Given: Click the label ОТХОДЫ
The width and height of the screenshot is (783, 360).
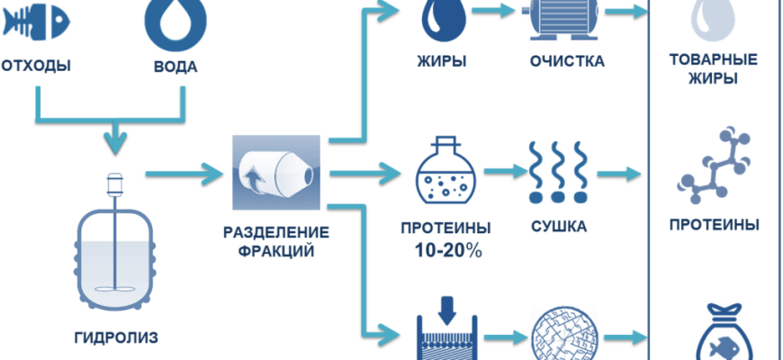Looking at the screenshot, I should [36, 67].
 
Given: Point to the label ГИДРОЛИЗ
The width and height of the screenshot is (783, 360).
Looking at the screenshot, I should [115, 338].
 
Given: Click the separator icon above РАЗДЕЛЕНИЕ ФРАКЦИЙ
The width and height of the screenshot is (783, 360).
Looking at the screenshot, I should [276, 171].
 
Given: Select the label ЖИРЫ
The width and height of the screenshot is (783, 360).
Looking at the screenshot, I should [440, 62].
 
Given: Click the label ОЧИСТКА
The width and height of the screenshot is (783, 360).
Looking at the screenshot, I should [567, 62].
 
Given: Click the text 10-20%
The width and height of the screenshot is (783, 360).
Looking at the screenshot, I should [440, 251].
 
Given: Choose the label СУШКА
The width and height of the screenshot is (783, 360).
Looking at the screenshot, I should [557, 226].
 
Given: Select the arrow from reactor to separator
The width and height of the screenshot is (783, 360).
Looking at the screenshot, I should [184, 170].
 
